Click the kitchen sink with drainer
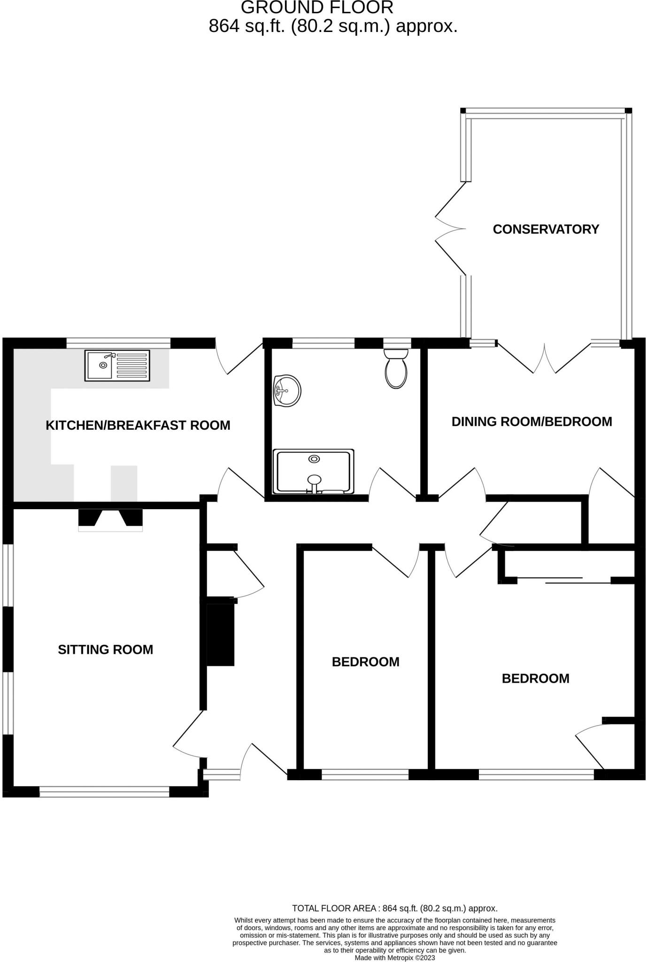tap(117, 365)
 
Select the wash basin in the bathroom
tap(286, 390)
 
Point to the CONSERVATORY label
tap(546, 229)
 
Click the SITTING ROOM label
tap(105, 650)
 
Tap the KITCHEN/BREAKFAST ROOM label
tap(138, 425)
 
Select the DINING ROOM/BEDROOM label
tap(531, 421)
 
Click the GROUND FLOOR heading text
tap(317, 8)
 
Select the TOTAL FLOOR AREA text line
tap(394, 908)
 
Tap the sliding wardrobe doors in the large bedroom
tap(563, 580)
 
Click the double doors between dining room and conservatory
tap(545, 359)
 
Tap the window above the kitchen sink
tap(118, 343)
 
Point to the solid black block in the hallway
tap(220, 635)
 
